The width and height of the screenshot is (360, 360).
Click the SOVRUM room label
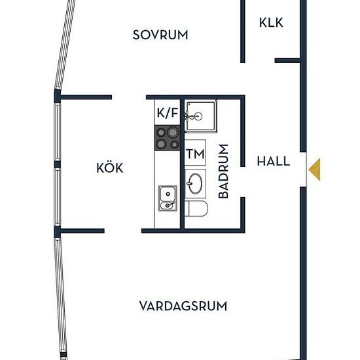160,35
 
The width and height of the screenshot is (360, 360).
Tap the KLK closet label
271,22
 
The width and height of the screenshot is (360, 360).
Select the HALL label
273,161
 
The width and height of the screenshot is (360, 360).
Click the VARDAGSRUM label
183,306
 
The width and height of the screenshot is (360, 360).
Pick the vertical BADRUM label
223,171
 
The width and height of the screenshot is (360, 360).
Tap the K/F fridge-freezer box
167,113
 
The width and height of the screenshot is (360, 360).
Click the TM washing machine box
195,153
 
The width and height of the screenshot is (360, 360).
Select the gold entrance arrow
315,170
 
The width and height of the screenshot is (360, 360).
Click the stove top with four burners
167,138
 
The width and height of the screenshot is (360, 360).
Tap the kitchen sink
168,198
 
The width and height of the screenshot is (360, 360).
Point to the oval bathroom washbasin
195,184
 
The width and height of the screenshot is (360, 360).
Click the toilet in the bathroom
196,208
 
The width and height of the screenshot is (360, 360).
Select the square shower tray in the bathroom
201,117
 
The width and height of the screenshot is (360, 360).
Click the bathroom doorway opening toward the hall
243,181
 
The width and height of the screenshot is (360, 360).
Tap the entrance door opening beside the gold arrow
303,170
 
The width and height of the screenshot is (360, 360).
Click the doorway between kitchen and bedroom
129,97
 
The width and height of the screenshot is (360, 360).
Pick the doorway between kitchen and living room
123,231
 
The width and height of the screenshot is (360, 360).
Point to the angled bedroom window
65,44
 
